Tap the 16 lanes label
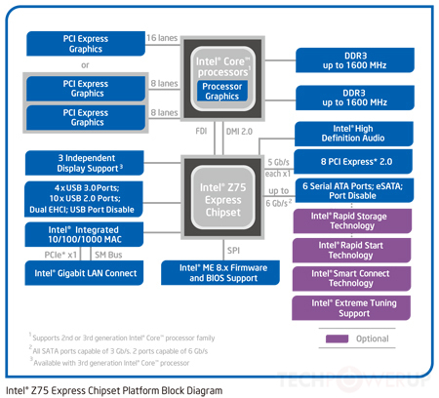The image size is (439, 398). pyautogui.click(x=163, y=38)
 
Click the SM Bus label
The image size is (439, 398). pyautogui.click(x=102, y=255)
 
